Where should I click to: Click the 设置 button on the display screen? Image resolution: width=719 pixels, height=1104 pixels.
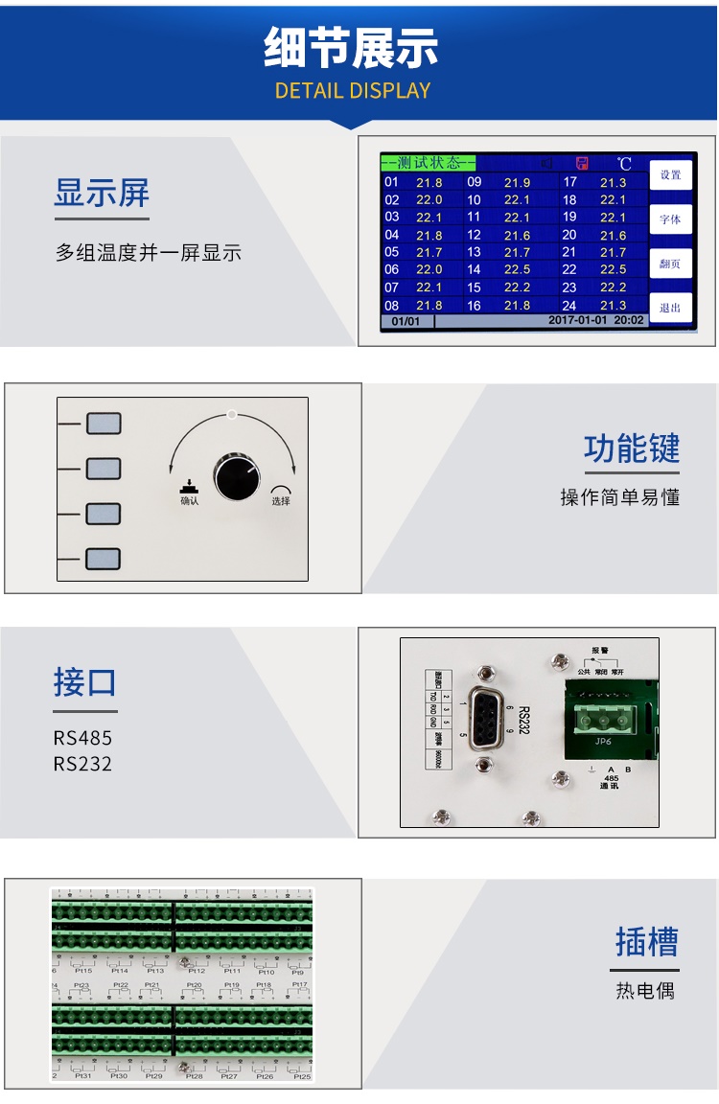click(x=670, y=175)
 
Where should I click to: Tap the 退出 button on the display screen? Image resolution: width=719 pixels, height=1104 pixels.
click(x=670, y=308)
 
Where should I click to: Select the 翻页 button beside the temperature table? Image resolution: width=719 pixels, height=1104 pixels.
click(x=670, y=264)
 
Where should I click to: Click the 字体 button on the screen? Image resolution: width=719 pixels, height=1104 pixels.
click(x=670, y=219)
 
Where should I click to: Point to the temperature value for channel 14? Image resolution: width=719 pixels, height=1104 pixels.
click(x=517, y=269)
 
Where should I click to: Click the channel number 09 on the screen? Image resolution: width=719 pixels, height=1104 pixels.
click(x=474, y=182)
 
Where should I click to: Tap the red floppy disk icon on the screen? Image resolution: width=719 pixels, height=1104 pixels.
click(x=581, y=164)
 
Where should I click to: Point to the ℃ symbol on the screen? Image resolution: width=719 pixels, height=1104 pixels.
click(x=624, y=164)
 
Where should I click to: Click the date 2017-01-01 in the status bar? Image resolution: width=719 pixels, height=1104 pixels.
click(x=578, y=321)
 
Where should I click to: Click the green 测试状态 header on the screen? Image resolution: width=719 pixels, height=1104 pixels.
click(x=428, y=163)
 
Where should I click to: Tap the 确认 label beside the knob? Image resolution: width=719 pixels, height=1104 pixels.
click(x=190, y=500)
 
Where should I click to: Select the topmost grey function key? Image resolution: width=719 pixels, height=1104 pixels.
click(x=104, y=423)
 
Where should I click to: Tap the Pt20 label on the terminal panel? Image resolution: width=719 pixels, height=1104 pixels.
click(x=194, y=985)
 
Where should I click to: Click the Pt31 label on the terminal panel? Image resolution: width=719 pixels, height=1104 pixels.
click(x=83, y=1075)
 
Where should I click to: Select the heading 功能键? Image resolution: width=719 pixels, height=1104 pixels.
click(x=631, y=448)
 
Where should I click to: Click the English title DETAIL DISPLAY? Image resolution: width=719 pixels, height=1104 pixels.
click(x=353, y=91)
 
